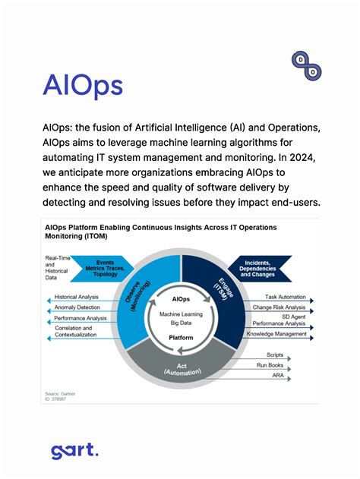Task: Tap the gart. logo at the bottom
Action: tap(74, 451)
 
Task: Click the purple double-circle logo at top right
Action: tap(306, 65)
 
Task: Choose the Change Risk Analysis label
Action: tap(279, 307)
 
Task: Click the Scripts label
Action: tap(275, 355)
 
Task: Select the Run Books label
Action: tap(272, 364)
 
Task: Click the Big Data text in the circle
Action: tap(181, 322)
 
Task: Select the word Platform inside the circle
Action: tap(181, 338)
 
